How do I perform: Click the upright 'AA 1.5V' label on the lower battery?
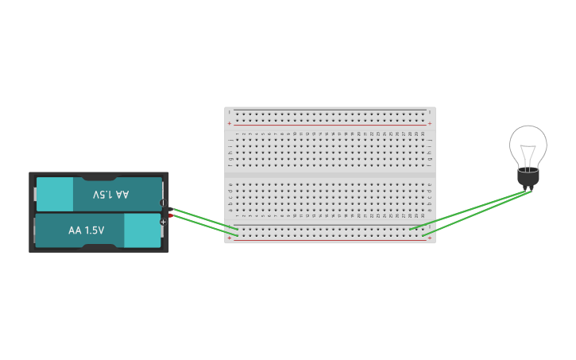tap(86, 230)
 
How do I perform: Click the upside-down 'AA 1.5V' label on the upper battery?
tap(110, 195)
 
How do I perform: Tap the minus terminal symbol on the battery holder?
tap(163, 203)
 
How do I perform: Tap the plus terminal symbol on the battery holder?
tap(163, 222)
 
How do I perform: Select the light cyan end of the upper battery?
tap(55, 194)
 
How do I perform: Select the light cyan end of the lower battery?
tap(142, 230)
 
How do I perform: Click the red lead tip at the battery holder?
tap(170, 215)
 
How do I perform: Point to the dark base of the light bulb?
tap(528, 178)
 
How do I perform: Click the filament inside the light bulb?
tap(528, 153)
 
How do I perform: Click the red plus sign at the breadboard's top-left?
tap(230, 123)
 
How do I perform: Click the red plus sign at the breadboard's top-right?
tap(430, 123)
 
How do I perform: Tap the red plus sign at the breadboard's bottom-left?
tap(230, 238)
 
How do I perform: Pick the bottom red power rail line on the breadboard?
tap(330, 239)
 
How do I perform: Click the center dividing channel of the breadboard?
tap(330, 172)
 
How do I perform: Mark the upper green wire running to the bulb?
tap(469, 210)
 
